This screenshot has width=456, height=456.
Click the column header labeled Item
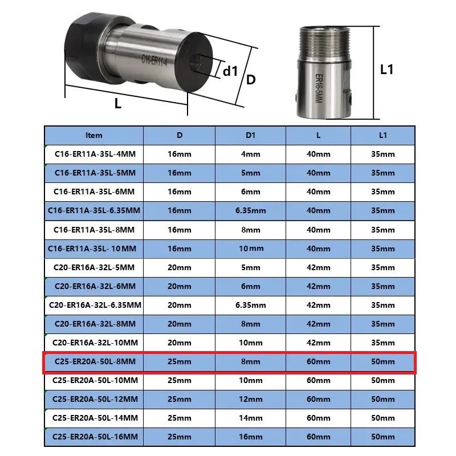pyautogui.click(x=93, y=135)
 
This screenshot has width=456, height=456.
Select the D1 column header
pyautogui.click(x=250, y=135)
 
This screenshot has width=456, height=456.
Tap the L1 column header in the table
pyautogui.click(x=382, y=135)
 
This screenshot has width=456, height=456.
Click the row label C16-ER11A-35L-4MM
pyautogui.click(x=95, y=154)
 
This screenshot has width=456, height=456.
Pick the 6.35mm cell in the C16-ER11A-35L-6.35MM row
pyautogui.click(x=250, y=210)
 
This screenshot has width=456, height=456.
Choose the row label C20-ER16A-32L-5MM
pyautogui.click(x=94, y=267)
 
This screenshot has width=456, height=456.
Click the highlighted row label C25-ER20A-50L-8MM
pyautogui.click(x=95, y=361)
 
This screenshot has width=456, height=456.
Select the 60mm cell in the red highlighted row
pyautogui.click(x=319, y=361)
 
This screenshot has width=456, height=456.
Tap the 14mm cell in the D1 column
pyautogui.click(x=250, y=418)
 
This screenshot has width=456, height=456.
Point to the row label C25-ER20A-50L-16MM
pyautogui.click(x=95, y=437)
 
